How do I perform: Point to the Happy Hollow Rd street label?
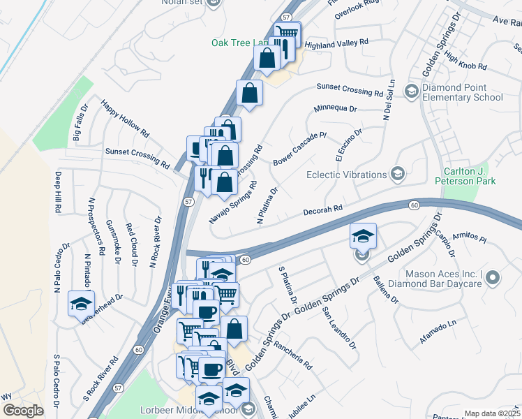click(126, 118)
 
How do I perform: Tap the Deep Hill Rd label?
click(58, 193)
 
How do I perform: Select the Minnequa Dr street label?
click(335, 109)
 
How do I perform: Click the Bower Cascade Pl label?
click(300, 147)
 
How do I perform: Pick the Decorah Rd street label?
click(323, 209)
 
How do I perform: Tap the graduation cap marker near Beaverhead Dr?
click(81, 304)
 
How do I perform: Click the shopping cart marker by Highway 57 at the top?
click(287, 32)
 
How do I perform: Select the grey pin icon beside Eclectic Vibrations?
click(398, 174)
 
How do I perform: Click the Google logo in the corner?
click(24, 411)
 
